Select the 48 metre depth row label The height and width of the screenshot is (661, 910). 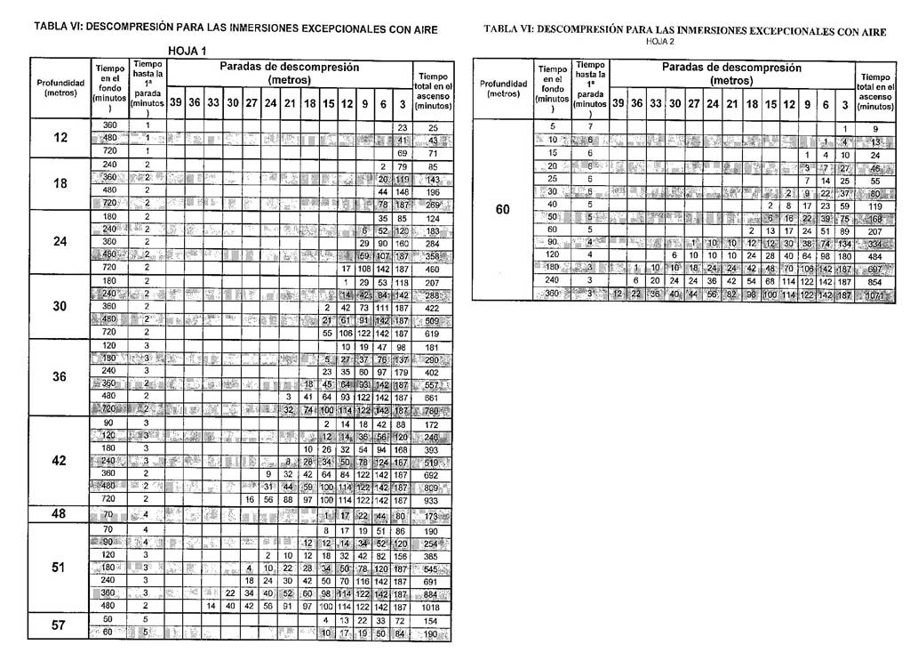[x=60, y=515]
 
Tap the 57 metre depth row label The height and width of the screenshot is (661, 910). [x=60, y=625]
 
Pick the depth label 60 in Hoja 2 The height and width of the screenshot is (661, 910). [x=503, y=211]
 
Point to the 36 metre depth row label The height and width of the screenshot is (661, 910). [x=60, y=376]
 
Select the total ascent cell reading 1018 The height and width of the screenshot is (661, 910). [x=432, y=606]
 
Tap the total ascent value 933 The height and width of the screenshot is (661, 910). [x=432, y=501]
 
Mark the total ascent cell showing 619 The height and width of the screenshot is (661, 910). [x=432, y=332]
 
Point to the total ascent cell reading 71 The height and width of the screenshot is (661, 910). [x=432, y=153]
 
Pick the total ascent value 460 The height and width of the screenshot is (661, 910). [x=432, y=268]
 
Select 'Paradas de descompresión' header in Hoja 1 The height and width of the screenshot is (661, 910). [x=290, y=73]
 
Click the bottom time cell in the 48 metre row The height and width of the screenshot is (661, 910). [x=110, y=515]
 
